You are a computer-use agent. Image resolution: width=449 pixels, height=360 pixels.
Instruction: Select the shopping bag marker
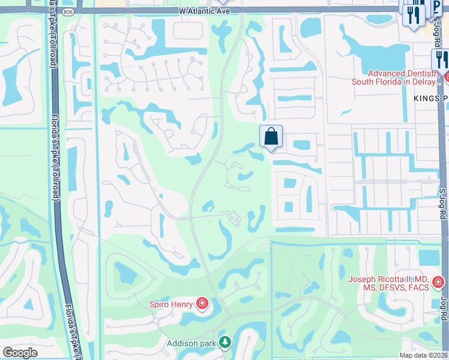click(x=271, y=136)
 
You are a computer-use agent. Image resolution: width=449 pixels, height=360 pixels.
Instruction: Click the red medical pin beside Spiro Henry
click(x=202, y=304)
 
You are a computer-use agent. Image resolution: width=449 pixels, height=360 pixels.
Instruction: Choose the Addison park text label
click(x=191, y=343)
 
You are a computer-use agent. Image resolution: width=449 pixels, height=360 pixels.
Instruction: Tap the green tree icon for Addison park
click(x=225, y=343)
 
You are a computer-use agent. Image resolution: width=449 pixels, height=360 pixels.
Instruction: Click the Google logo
click(x=20, y=353)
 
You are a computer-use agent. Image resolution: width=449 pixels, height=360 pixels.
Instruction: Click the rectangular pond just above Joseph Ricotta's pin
click(x=429, y=257)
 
